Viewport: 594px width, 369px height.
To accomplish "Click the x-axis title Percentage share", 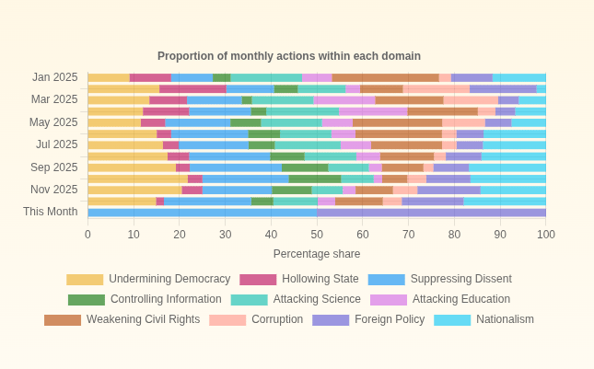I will click(x=317, y=254).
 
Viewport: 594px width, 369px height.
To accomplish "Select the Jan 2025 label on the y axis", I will click(x=55, y=77).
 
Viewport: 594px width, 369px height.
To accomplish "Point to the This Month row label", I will click(x=51, y=212).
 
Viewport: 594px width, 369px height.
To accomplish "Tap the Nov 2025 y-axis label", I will click(x=54, y=190).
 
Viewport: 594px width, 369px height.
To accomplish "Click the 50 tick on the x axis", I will click(x=317, y=235).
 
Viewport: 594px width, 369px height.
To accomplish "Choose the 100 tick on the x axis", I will click(x=546, y=235).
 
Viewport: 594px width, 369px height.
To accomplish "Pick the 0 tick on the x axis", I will click(x=87, y=235).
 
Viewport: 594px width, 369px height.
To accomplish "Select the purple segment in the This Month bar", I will click(x=431, y=213).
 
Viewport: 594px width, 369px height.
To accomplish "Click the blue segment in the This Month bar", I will click(x=203, y=213).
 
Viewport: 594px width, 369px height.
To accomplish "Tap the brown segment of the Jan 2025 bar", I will click(x=385, y=78).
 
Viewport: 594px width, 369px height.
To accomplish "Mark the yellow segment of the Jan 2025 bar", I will click(x=109, y=78).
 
